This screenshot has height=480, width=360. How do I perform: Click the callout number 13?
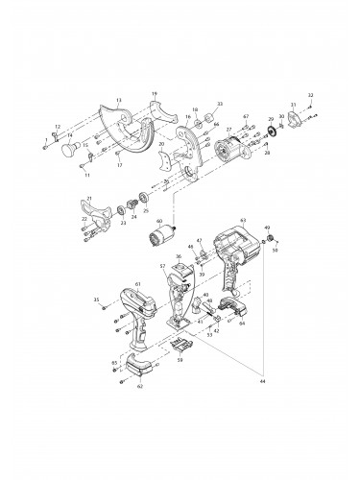click(x=118, y=101)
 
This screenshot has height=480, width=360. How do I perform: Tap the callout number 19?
click(x=155, y=94)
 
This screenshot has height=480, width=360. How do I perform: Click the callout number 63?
click(x=244, y=220)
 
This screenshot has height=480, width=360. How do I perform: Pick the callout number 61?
click(x=138, y=285)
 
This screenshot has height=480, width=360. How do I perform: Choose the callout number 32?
click(x=310, y=95)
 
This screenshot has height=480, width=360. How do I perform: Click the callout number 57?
click(x=163, y=266)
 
